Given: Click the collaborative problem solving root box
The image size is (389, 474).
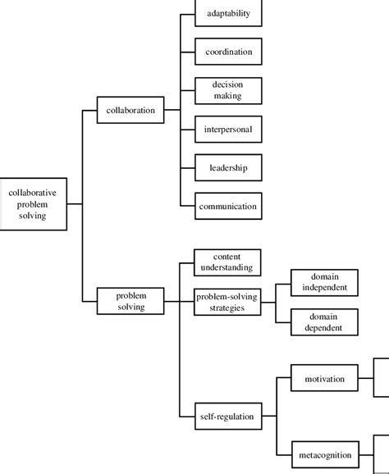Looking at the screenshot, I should [34, 203].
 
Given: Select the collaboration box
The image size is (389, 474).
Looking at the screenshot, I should [130, 110].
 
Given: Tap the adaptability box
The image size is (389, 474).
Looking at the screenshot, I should [227, 14].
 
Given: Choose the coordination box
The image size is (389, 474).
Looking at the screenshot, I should [227, 52].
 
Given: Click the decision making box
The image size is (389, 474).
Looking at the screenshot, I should [227, 90].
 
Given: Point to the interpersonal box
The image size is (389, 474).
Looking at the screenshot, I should [227, 129].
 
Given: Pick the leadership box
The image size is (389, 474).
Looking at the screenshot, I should [227, 167].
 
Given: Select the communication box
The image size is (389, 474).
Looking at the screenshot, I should [227, 206].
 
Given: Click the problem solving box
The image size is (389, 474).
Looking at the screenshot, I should [130, 301].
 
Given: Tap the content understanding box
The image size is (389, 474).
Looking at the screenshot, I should [227, 262].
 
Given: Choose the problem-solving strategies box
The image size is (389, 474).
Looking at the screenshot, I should [227, 301].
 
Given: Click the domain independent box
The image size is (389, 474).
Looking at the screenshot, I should [324, 282].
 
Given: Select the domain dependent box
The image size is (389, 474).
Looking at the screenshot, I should [324, 321].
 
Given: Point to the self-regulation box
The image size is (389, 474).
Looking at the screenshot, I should [227, 417].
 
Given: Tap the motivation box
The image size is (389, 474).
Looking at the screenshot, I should [324, 379].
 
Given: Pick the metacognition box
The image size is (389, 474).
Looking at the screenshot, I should [324, 454].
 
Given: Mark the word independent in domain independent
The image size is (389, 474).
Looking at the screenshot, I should [324, 288].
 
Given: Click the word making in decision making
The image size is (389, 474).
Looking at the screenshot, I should [227, 97].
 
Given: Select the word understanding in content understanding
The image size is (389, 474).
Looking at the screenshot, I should [227, 268].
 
